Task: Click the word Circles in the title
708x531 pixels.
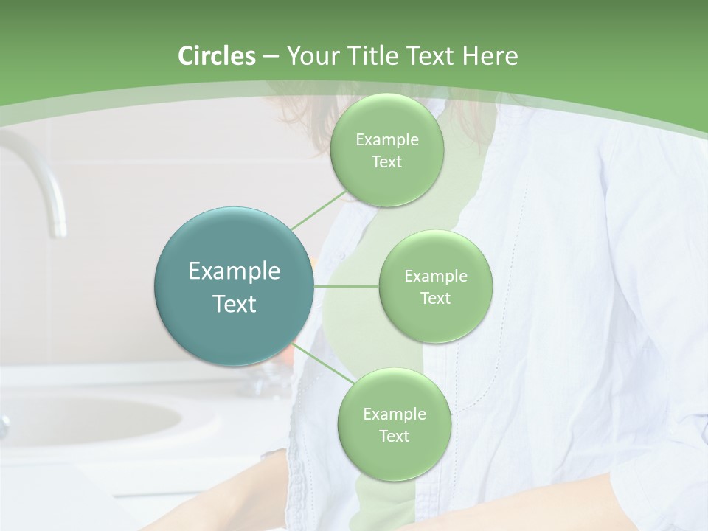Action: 217,56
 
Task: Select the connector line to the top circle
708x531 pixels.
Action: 319,209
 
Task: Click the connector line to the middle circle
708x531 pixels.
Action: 346,286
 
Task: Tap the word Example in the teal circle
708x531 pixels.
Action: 235,271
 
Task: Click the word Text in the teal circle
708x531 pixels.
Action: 235,304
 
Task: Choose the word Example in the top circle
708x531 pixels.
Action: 386,140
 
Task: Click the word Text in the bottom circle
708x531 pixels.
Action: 394,436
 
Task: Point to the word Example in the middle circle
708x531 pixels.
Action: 435,277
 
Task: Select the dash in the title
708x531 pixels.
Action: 270,56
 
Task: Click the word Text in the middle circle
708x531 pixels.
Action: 435,298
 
